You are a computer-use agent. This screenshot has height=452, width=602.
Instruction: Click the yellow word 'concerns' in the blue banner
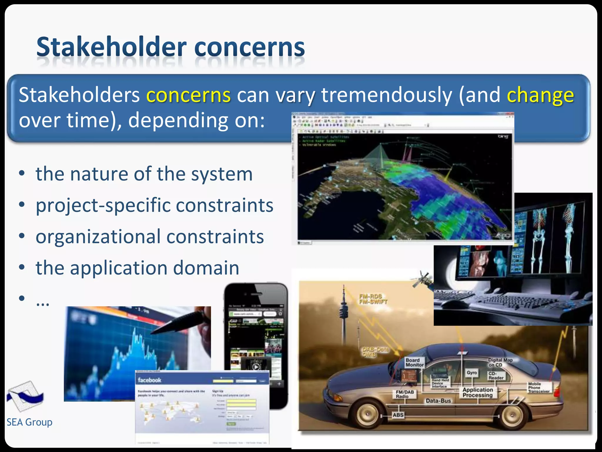[x=188, y=95]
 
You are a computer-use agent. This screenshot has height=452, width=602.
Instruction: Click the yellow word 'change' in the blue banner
[x=540, y=95]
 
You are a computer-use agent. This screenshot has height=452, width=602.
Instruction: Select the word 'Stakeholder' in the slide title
[x=111, y=47]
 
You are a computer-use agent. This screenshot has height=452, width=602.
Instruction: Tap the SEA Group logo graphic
[x=26, y=396]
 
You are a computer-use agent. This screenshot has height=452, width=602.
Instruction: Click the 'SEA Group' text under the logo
[x=29, y=422]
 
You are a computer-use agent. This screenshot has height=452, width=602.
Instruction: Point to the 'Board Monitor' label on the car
[x=414, y=362]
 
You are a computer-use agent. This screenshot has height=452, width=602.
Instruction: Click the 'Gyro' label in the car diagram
[x=471, y=373]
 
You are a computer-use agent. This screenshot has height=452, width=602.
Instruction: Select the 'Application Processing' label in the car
[x=477, y=392]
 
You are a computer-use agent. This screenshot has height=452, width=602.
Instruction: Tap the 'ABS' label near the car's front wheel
[x=398, y=415]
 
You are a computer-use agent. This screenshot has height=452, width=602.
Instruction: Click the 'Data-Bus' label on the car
[x=438, y=401]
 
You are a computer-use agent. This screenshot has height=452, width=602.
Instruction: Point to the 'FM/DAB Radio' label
[x=404, y=394]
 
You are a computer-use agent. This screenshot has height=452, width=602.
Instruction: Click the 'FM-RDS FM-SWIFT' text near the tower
[x=373, y=299]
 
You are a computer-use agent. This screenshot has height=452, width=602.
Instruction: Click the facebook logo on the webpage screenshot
[x=150, y=380]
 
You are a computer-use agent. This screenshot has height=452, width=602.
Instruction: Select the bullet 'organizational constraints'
[x=150, y=237]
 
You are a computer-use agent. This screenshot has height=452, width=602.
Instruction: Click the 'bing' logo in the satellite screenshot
[x=503, y=137]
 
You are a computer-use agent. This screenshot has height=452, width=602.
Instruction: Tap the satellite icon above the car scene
[x=423, y=280]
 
